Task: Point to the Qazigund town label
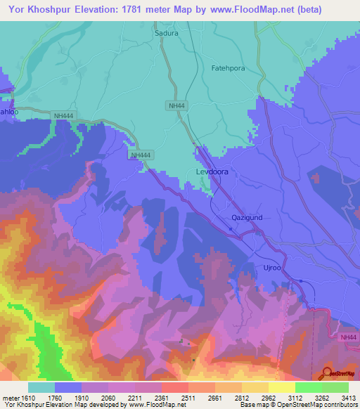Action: pos(247,217)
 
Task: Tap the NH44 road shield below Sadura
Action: pos(176,105)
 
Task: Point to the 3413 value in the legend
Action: pos(348,398)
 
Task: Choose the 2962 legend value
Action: pos(269,398)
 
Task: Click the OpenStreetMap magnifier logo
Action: pos(328,372)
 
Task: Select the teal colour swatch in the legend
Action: pos(41,387)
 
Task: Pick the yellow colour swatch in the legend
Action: pos(282,387)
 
